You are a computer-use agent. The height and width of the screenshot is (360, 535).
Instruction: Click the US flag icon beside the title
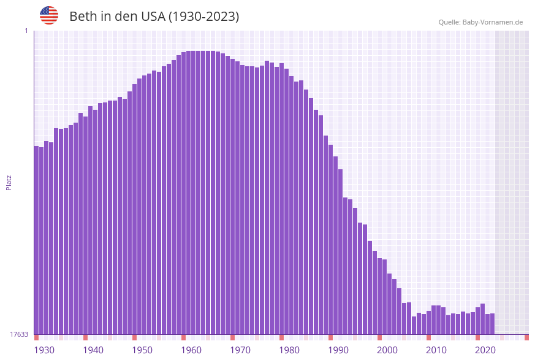pyautogui.click(x=49, y=15)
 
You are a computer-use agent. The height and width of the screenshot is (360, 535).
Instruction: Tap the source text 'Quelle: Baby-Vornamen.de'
pyautogui.click(x=480, y=22)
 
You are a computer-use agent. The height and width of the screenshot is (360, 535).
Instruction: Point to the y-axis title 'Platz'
pyautogui.click(x=9, y=182)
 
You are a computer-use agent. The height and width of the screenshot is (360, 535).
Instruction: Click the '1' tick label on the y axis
pyautogui.click(x=26, y=31)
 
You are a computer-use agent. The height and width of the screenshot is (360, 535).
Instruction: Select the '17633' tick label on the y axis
pyautogui.click(x=19, y=334)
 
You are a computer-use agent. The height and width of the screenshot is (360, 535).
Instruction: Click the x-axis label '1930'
pyautogui.click(x=44, y=350)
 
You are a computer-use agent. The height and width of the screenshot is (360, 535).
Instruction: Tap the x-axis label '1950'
pyautogui.click(x=142, y=350)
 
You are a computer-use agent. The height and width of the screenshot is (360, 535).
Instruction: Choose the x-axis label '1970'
pyautogui.click(x=240, y=350)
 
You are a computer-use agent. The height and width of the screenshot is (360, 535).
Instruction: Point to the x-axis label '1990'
pyautogui.click(x=338, y=350)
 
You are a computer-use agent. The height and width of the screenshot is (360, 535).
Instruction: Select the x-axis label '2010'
pyautogui.click(x=436, y=350)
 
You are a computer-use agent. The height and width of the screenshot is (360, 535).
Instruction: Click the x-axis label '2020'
pyautogui.click(x=485, y=350)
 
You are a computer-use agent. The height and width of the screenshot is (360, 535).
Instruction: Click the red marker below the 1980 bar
pyautogui.click(x=281, y=337)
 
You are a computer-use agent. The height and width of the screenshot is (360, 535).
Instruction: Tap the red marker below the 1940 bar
pyautogui.click(x=85, y=337)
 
